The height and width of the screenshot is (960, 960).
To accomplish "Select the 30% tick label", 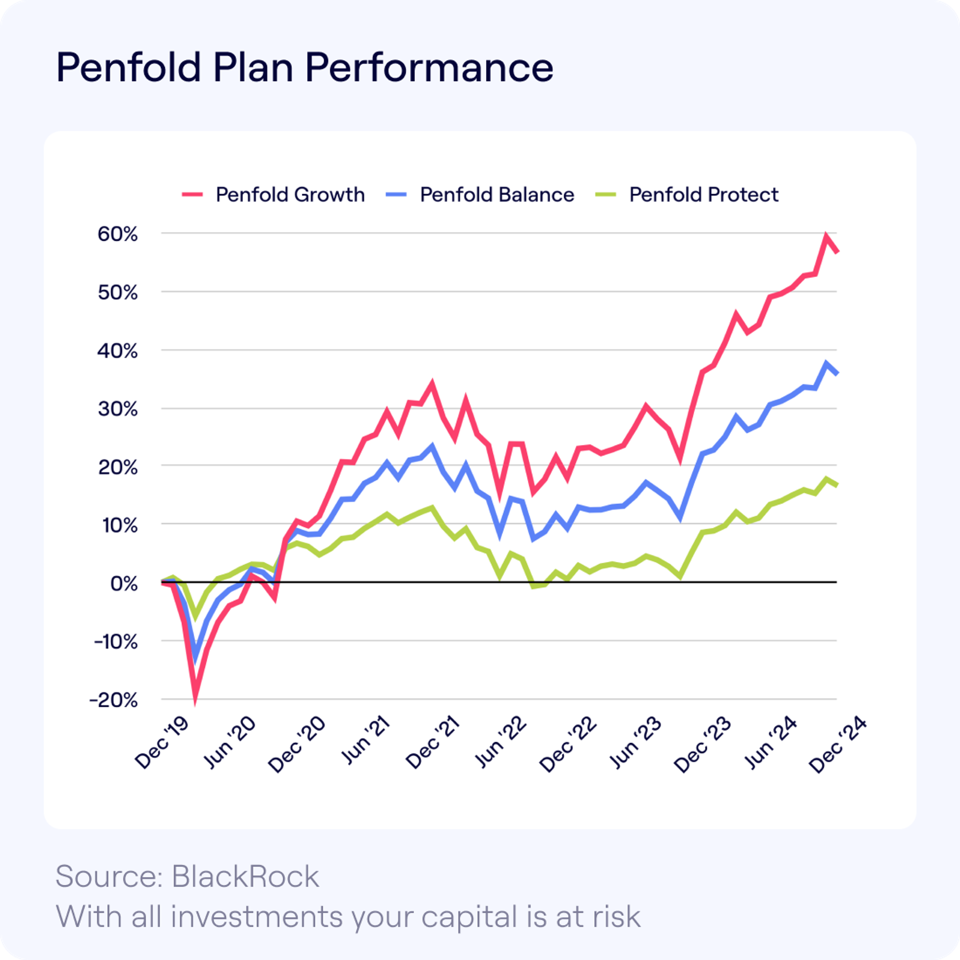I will [118, 409].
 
